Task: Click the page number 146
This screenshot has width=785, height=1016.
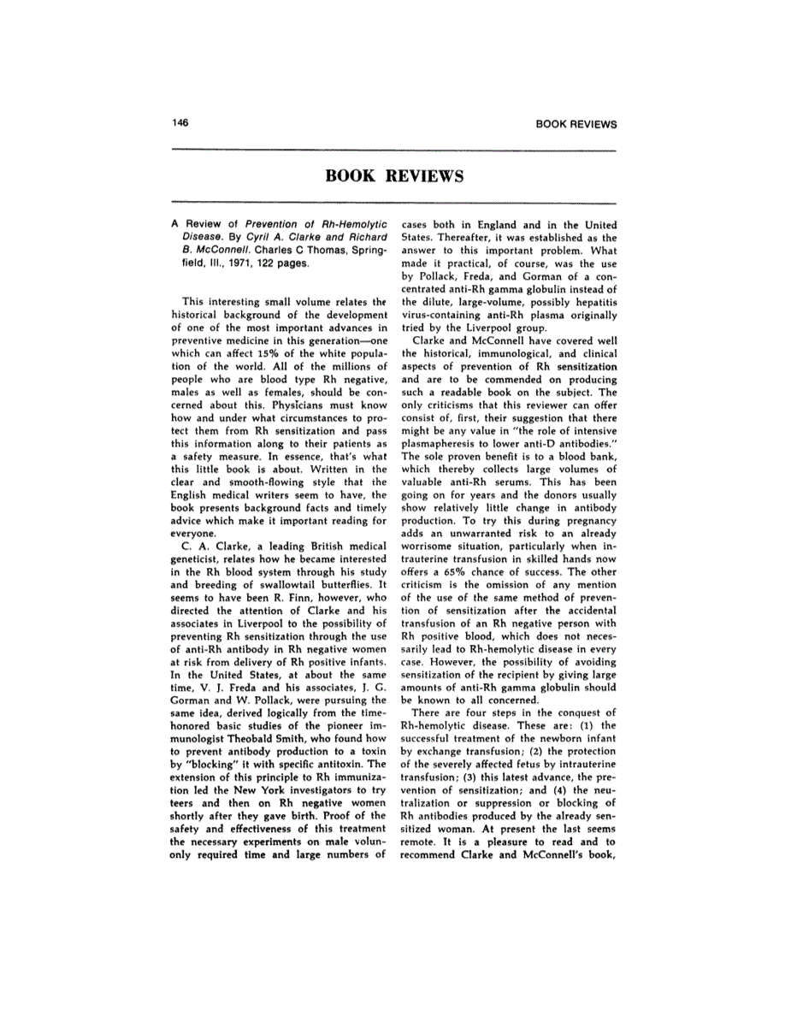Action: pyautogui.click(x=180, y=122)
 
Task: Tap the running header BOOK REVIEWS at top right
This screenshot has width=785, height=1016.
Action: pyautogui.click(x=575, y=124)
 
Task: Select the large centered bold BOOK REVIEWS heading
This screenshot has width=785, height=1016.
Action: pyautogui.click(x=394, y=176)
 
